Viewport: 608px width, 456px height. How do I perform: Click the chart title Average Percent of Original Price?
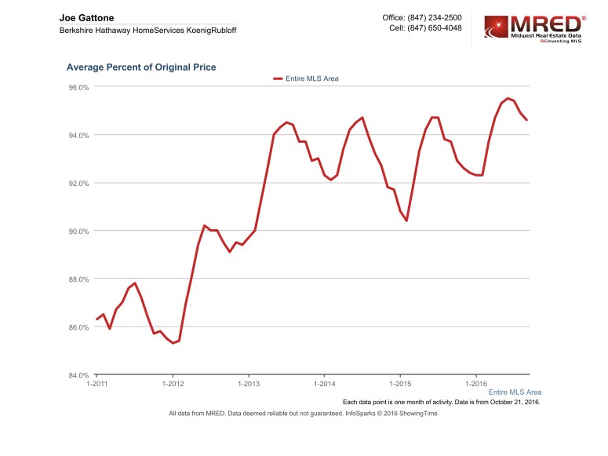pos(141,67)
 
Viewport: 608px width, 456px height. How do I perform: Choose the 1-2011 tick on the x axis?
pos(96,385)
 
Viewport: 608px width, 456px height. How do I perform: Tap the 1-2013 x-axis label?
pos(249,385)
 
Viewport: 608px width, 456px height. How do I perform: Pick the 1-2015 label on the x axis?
pos(400,385)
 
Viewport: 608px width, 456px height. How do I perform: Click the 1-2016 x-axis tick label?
pos(476,385)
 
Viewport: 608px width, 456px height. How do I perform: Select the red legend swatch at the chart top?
pos(277,78)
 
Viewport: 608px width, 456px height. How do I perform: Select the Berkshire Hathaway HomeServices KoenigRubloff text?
pos(147,30)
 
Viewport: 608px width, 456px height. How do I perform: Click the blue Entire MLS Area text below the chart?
pos(515,392)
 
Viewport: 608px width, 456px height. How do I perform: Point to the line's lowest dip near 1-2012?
pos(173,343)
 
